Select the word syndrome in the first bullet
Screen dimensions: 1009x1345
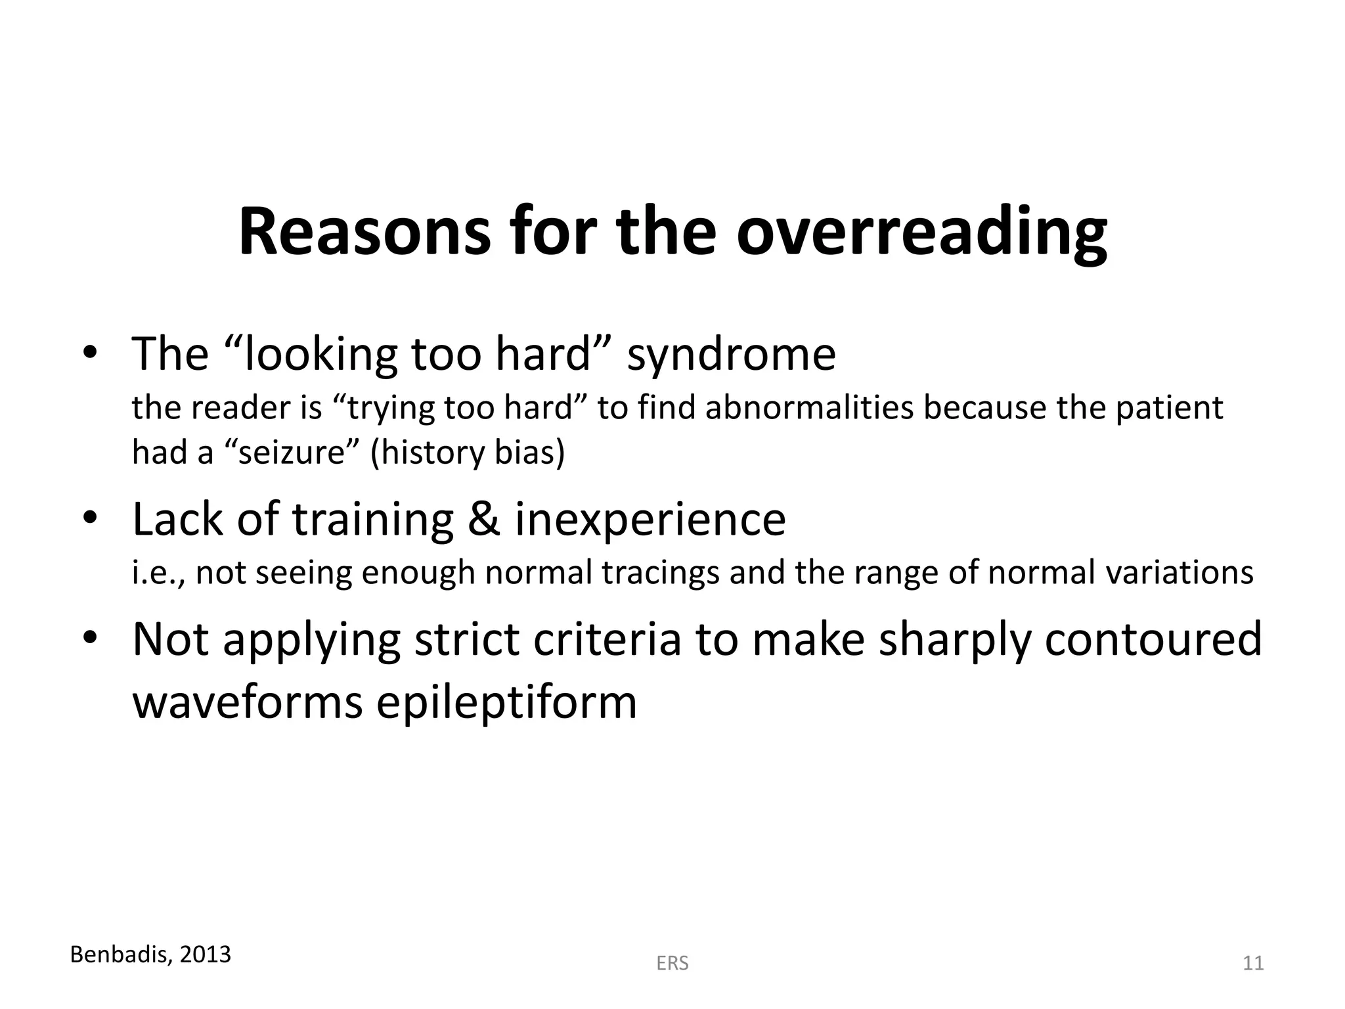[x=731, y=355]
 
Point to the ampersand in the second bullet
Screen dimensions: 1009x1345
[x=483, y=519]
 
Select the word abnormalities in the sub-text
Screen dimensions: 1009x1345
[x=810, y=408]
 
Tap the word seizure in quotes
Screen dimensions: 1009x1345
[x=292, y=453]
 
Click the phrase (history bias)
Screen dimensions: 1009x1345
[x=468, y=453]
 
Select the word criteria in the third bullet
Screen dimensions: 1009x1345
[x=607, y=639]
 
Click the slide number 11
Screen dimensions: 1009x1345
[x=1253, y=964]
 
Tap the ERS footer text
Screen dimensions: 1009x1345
[x=672, y=964]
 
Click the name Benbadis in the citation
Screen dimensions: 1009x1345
[x=120, y=954]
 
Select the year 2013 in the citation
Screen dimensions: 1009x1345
[x=206, y=954]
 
